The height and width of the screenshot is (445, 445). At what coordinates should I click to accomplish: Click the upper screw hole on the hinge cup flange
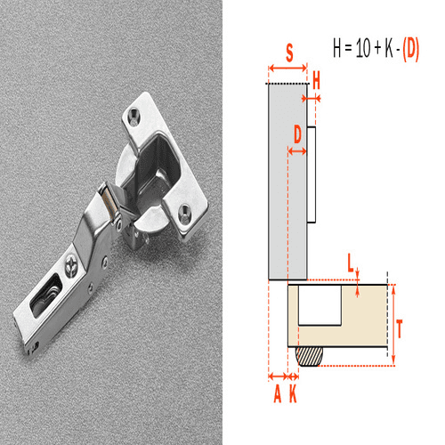point(134,115)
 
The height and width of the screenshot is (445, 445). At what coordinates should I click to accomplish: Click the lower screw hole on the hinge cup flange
point(185,213)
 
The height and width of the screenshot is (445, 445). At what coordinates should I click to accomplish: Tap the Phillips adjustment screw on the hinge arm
point(69,263)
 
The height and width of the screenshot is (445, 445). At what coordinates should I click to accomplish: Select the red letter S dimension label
point(289,53)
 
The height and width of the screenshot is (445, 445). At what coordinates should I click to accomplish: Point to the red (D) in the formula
point(410,50)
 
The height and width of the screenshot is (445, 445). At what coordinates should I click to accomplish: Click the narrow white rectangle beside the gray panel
point(312,174)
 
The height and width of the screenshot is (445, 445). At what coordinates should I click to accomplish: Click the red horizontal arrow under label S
point(287,68)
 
